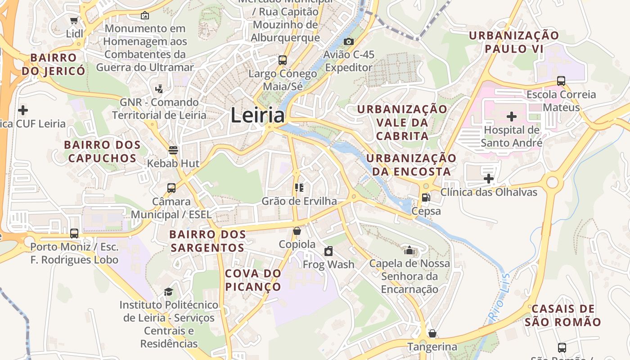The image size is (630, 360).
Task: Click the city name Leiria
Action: click(x=257, y=116)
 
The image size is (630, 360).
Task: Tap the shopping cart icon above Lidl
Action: click(x=74, y=20)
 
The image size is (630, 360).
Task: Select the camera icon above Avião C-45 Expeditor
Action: click(x=348, y=41)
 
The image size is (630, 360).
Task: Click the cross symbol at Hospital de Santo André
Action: click(x=511, y=117)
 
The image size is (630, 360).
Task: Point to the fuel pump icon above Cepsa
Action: click(x=425, y=197)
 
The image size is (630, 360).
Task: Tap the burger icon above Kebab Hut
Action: click(x=173, y=150)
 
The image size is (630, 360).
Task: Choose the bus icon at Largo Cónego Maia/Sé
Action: click(x=283, y=60)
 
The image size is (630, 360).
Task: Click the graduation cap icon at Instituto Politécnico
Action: click(x=168, y=292)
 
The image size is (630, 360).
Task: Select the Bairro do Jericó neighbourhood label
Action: click(x=53, y=64)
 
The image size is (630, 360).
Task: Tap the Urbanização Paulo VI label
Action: click(x=514, y=42)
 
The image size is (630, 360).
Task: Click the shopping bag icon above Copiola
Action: click(x=297, y=231)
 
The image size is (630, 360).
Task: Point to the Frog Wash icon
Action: click(x=328, y=251)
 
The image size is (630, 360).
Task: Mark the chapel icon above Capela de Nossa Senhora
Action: click(x=409, y=250)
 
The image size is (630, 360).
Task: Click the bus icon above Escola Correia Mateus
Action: click(x=561, y=81)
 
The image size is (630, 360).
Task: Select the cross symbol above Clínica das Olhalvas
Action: click(x=489, y=179)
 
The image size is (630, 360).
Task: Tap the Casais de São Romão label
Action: click(x=562, y=315)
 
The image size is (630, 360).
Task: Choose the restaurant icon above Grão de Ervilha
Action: click(x=299, y=187)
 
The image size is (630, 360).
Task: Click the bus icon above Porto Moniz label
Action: click(x=74, y=234)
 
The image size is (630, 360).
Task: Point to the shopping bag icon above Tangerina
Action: click(x=432, y=333)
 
